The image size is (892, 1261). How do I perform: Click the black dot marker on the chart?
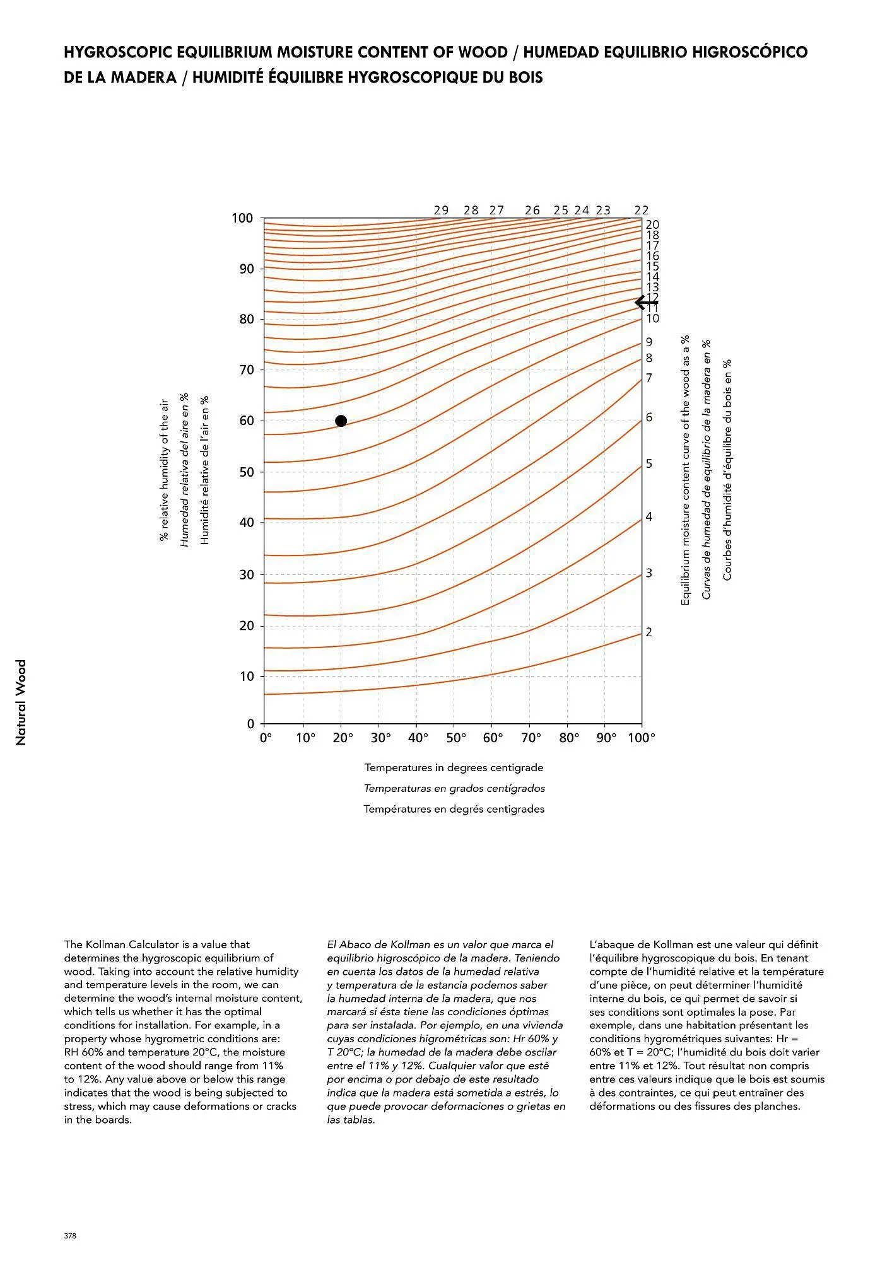(x=341, y=421)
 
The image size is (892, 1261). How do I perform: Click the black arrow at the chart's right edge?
(x=646, y=303)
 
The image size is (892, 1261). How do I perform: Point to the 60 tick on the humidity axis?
(x=247, y=421)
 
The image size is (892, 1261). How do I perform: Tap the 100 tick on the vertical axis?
(x=243, y=218)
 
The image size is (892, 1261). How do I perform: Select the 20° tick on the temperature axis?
(x=343, y=738)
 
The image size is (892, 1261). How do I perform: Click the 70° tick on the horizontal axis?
(x=531, y=738)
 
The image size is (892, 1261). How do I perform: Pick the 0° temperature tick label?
(x=266, y=738)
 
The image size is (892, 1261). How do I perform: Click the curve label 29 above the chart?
(x=442, y=211)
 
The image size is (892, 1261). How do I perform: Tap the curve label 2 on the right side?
(x=648, y=632)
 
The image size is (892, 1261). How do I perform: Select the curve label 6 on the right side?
(x=648, y=417)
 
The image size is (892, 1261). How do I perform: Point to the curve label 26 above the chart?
(x=532, y=211)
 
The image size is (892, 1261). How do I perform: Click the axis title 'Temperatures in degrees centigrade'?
(x=454, y=767)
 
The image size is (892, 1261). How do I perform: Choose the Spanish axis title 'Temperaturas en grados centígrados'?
(x=454, y=788)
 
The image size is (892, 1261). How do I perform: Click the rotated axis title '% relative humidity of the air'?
(x=164, y=470)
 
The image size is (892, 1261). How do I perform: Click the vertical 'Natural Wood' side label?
(x=21, y=702)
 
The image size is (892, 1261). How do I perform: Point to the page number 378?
(x=70, y=1236)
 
